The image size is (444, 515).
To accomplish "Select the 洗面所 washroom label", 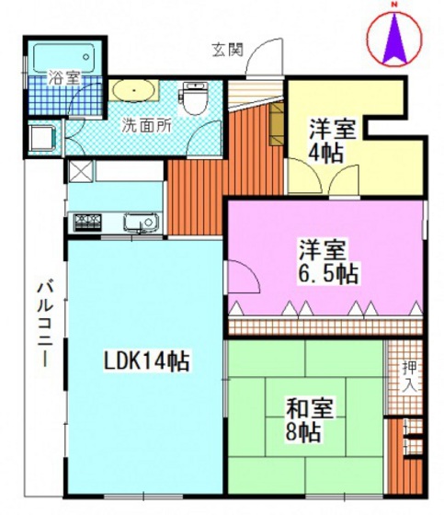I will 149,126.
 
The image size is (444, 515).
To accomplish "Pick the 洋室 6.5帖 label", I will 326,260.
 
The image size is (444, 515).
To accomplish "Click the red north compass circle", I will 394,41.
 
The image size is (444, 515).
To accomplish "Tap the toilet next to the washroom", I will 194,97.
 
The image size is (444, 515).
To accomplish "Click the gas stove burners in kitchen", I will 88,222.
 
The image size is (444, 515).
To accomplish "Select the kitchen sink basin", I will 139,222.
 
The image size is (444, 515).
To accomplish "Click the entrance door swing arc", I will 263,57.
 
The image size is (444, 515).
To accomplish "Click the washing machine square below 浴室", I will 42,139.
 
